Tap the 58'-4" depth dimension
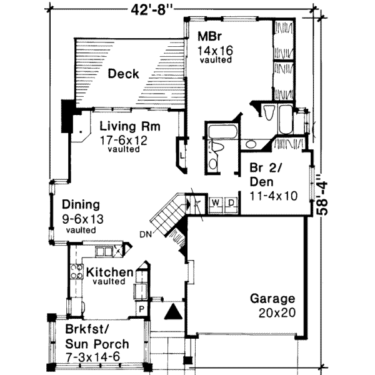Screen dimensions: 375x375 point(322,195)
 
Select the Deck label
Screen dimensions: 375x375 point(123,73)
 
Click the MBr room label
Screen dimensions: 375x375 point(209,36)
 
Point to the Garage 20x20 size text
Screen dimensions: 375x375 point(277,312)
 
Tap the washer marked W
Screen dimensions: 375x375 point(216,202)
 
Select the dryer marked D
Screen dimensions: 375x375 point(231,202)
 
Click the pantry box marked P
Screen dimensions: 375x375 point(142,309)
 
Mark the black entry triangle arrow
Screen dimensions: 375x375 point(173,311)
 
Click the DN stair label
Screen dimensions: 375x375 point(146,234)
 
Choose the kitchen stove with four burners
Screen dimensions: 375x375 point(77,272)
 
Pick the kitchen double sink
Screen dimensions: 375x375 point(104,252)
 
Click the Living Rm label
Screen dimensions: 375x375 point(130,126)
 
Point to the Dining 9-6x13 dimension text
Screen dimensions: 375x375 point(82,219)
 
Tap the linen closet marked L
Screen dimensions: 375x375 point(182,156)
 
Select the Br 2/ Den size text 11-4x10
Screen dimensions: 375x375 point(274,196)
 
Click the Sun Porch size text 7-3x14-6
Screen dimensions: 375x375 point(92,357)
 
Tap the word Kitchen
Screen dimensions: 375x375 point(109,272)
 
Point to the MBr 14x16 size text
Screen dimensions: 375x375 point(215,51)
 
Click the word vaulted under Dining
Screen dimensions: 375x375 point(81,230)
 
